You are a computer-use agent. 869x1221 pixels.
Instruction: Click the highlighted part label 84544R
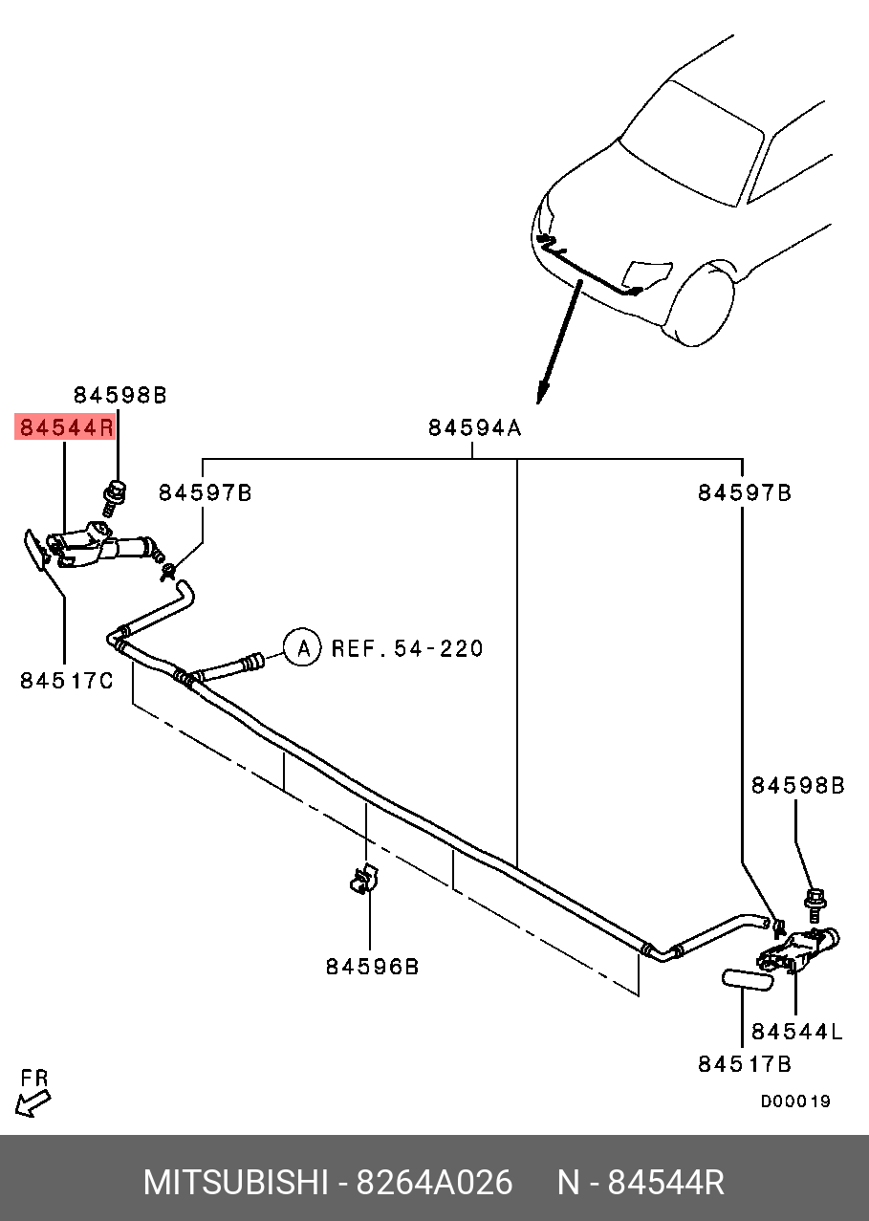pyautogui.click(x=65, y=426)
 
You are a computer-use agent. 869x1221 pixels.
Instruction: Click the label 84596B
pyautogui.click(x=372, y=966)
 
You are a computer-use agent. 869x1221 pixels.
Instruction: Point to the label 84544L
pyautogui.click(x=796, y=1031)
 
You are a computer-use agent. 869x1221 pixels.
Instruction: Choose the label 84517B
pyautogui.click(x=744, y=1063)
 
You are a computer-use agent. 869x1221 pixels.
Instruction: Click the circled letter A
pyautogui.click(x=303, y=648)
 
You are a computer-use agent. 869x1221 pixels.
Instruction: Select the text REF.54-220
pyautogui.click(x=407, y=648)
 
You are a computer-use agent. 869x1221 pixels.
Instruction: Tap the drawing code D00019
pyautogui.click(x=795, y=1101)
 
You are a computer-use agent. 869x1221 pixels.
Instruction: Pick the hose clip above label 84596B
pyautogui.click(x=363, y=880)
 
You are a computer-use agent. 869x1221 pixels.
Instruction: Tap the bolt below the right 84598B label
pyautogui.click(x=815, y=900)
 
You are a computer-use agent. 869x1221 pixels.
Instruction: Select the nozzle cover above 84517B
pyautogui.click(x=746, y=980)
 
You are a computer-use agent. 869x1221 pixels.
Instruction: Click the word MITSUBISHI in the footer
pyautogui.click(x=235, y=1183)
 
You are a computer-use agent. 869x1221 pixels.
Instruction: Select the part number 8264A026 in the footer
pyautogui.click(x=434, y=1183)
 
